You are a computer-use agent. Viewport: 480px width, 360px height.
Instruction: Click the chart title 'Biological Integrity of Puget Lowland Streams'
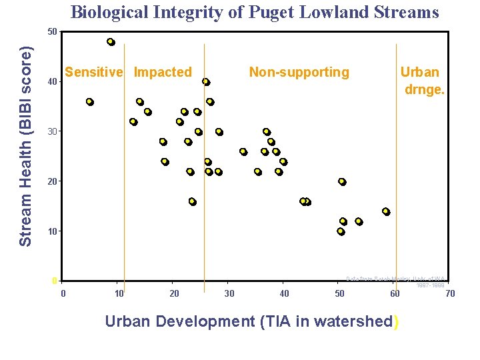click(255, 12)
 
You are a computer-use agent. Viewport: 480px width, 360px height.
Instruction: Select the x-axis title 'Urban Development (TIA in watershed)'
click(253, 321)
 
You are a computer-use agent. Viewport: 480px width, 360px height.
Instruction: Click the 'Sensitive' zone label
click(94, 72)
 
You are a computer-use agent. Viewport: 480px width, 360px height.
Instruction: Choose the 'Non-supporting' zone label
click(299, 72)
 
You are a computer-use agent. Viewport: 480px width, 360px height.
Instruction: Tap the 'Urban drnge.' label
click(421, 80)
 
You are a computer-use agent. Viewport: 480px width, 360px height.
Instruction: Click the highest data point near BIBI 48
click(111, 42)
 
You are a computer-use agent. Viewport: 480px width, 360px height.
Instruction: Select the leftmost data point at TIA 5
click(89, 102)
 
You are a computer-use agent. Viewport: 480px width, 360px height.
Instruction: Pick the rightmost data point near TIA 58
click(385, 211)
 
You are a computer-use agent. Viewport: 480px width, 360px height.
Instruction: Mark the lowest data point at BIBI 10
click(341, 231)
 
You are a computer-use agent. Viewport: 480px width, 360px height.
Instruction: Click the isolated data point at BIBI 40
click(206, 82)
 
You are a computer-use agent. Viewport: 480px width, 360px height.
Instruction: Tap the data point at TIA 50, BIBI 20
click(342, 181)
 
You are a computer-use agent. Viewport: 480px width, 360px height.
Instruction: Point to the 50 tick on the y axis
click(52, 31)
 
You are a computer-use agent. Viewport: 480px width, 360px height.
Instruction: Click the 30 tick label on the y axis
click(52, 131)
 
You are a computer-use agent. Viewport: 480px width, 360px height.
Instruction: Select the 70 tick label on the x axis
click(450, 293)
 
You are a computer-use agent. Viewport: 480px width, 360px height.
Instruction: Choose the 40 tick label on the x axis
click(284, 293)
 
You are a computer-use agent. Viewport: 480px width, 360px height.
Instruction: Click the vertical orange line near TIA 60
click(396, 167)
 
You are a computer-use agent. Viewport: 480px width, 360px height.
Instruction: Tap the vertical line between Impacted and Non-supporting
click(204, 167)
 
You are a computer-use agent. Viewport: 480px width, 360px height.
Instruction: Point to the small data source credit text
click(396, 281)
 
